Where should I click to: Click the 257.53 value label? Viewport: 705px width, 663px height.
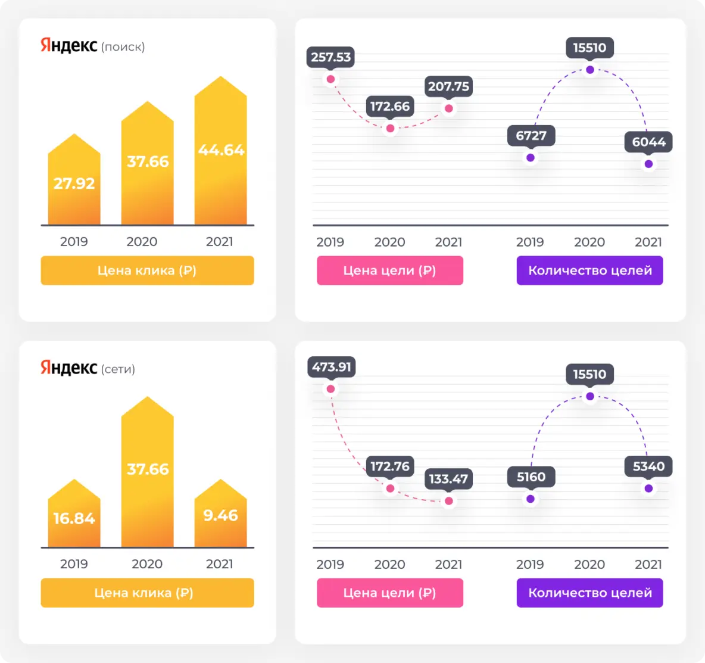pyautogui.click(x=331, y=57)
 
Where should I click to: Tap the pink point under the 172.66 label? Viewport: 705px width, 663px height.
pyautogui.click(x=390, y=128)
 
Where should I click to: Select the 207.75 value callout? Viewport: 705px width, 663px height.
pyautogui.click(x=448, y=86)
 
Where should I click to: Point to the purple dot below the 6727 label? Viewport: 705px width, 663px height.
pyautogui.click(x=531, y=158)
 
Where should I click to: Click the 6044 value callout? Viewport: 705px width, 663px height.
pyautogui.click(x=648, y=142)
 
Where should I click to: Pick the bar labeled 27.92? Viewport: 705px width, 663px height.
pyautogui.click(x=74, y=182)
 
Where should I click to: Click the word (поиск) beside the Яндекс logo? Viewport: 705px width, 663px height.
pyautogui.click(x=123, y=47)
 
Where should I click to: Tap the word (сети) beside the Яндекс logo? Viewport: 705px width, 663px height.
pyautogui.click(x=118, y=369)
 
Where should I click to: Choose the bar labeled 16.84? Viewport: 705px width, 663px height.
pyautogui.click(x=74, y=515)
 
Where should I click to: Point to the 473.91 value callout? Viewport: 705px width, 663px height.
pyautogui.click(x=332, y=367)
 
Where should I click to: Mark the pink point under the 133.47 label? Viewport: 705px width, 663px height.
pyautogui.click(x=449, y=501)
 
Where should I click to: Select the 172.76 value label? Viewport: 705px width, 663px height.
pyautogui.click(x=390, y=466)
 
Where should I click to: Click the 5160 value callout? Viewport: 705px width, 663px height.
pyautogui.click(x=531, y=477)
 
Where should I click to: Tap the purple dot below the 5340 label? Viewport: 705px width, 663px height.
pyautogui.click(x=648, y=488)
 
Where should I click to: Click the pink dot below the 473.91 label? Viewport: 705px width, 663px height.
pyautogui.click(x=331, y=389)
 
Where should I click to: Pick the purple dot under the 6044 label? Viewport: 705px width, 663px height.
pyautogui.click(x=648, y=164)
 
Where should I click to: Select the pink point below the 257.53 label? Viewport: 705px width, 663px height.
pyautogui.click(x=331, y=79)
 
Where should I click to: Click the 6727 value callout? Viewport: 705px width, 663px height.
pyautogui.click(x=531, y=136)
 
